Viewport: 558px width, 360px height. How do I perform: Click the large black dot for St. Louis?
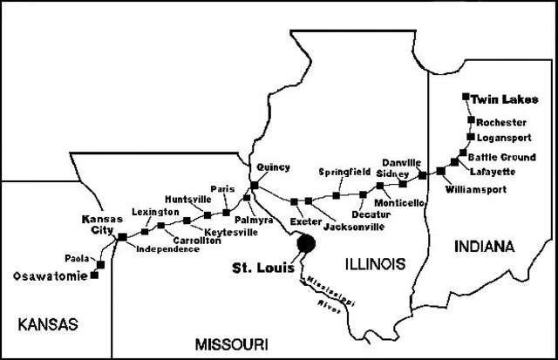click(305, 244)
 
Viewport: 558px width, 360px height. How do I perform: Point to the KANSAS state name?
click(48, 324)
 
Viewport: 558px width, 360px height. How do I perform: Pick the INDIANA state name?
click(482, 248)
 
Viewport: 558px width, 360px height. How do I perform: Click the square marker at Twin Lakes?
click(466, 97)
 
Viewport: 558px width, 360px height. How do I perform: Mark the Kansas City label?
click(98, 224)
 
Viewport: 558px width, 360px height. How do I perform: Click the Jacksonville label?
click(353, 227)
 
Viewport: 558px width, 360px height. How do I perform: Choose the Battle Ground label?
click(496, 156)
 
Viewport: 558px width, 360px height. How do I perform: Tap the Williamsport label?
click(475, 189)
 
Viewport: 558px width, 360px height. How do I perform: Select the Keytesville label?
click(230, 233)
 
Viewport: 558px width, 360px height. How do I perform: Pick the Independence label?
click(166, 249)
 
